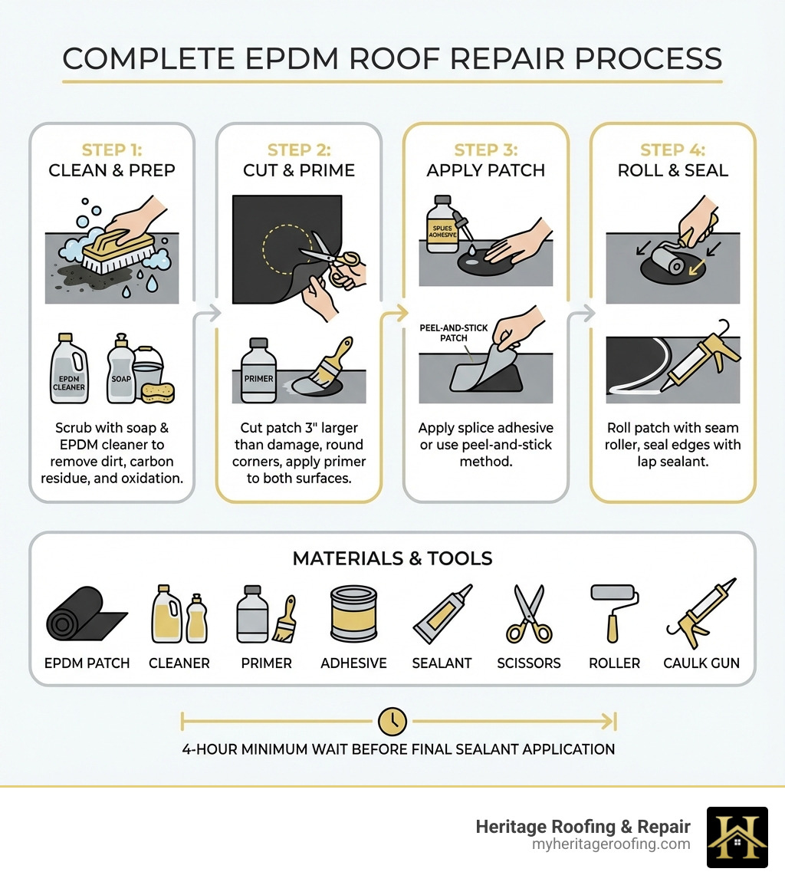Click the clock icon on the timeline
click(x=392, y=721)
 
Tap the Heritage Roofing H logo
click(x=736, y=837)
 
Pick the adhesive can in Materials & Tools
click(x=353, y=614)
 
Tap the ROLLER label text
click(x=614, y=663)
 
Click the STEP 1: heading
click(x=112, y=150)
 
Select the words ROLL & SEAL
click(x=672, y=170)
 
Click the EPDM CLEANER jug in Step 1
click(x=69, y=370)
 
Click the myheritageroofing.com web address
click(x=610, y=844)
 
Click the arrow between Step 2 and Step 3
click(x=392, y=312)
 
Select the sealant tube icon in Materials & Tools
click(x=442, y=614)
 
